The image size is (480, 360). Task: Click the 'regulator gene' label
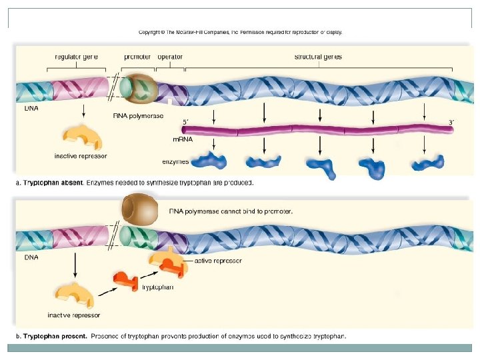(76, 57)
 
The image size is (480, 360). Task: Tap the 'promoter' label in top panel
(137, 57)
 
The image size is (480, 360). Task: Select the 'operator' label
(169, 57)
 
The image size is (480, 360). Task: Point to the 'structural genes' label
(318, 57)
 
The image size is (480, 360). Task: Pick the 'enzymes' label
(175, 161)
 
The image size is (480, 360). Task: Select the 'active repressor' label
(217, 261)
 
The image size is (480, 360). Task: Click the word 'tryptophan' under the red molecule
(158, 287)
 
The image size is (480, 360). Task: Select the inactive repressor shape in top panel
(82, 136)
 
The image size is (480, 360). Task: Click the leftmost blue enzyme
(211, 161)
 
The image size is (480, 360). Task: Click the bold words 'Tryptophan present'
(55, 336)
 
